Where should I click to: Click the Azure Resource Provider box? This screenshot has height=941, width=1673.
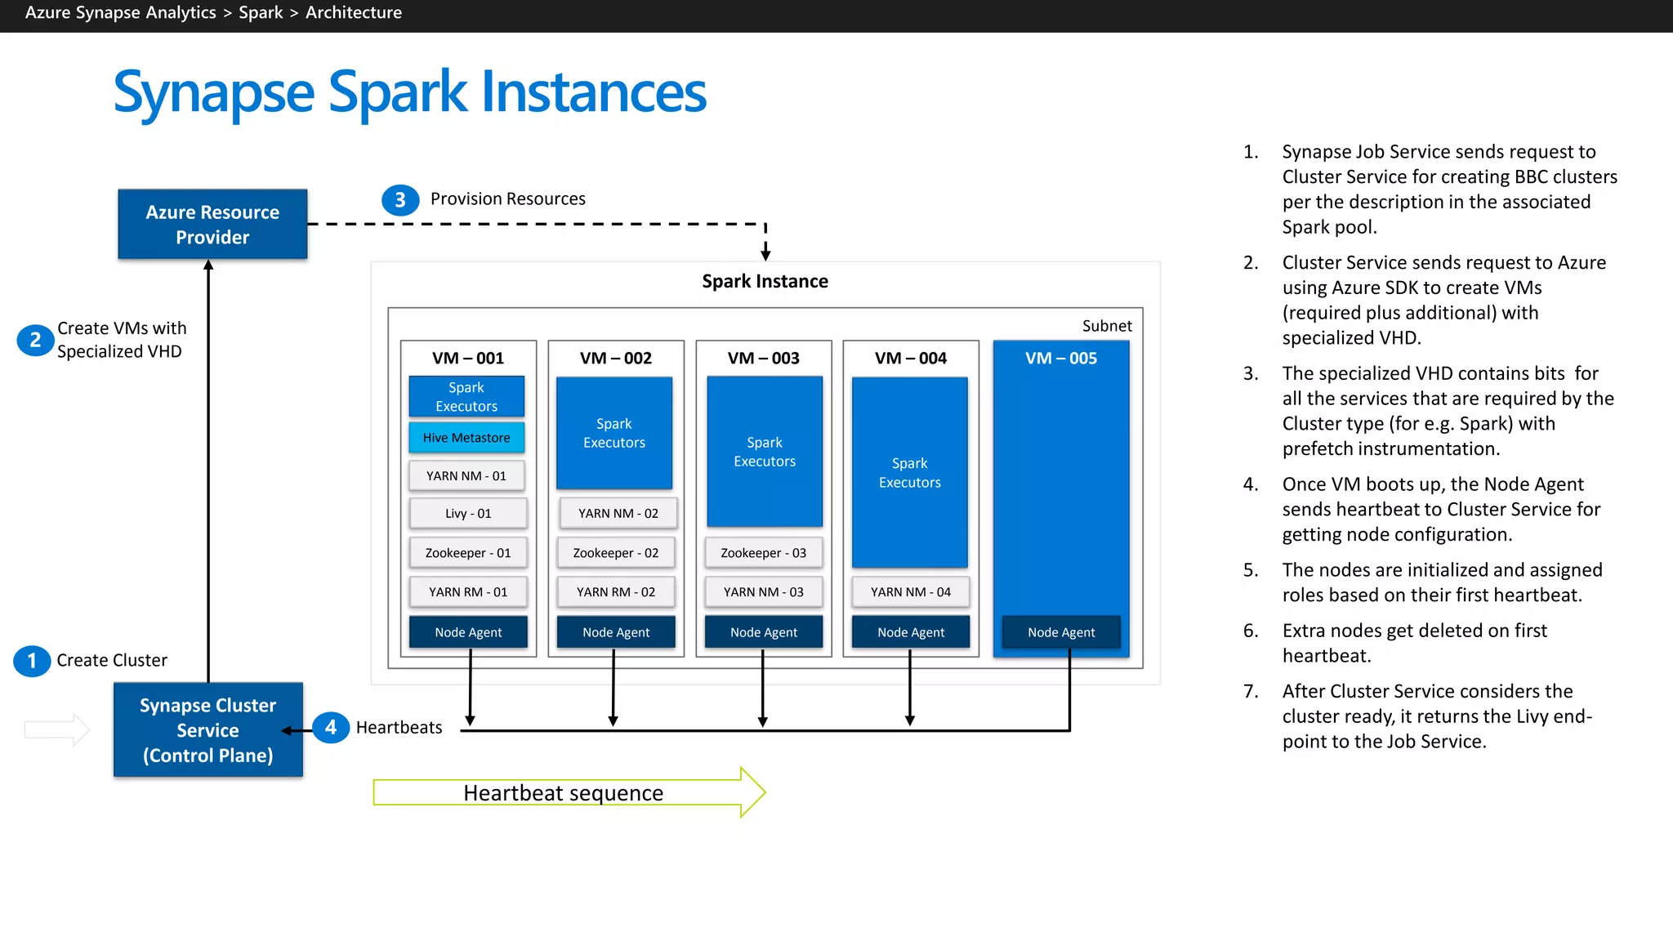(x=212, y=225)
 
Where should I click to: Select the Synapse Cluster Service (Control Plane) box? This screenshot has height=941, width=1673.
(x=208, y=729)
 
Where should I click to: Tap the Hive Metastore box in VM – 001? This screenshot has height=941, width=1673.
(x=466, y=438)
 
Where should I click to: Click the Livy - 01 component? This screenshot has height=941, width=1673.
(x=468, y=513)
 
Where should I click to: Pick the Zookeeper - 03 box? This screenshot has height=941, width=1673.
(x=763, y=553)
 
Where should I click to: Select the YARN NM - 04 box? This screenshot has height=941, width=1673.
(x=910, y=591)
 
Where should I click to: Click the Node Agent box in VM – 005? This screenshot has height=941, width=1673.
(x=1060, y=632)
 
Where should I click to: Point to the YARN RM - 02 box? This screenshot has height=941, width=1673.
(x=616, y=591)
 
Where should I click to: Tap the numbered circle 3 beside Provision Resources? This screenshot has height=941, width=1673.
(x=400, y=200)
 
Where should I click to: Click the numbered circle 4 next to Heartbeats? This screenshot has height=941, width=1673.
(x=331, y=727)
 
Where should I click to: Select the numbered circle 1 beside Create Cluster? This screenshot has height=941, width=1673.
(x=32, y=660)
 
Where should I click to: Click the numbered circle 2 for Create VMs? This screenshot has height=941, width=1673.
(x=35, y=340)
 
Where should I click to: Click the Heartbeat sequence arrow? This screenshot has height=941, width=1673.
(x=564, y=792)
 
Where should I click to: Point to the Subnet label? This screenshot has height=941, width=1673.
(x=1107, y=326)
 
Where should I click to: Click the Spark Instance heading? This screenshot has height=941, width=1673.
(x=765, y=281)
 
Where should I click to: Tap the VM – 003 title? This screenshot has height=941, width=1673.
(x=763, y=358)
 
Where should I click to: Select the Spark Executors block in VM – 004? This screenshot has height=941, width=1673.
(x=909, y=472)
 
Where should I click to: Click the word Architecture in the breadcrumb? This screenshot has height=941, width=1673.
(x=354, y=12)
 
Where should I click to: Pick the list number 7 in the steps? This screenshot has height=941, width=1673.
(x=1251, y=691)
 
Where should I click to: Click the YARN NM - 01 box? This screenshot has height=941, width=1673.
(x=466, y=475)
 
